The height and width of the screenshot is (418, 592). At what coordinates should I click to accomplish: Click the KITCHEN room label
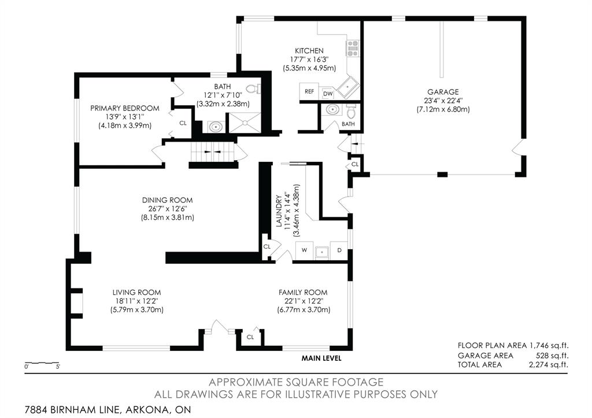309,51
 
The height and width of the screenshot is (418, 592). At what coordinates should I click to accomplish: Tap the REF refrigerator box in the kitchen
309,91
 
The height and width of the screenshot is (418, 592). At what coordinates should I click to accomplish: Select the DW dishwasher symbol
328,94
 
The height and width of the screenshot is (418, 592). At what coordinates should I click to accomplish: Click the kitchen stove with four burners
353,49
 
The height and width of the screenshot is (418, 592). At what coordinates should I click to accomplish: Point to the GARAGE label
443,92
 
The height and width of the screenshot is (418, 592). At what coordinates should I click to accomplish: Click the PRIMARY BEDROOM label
125,108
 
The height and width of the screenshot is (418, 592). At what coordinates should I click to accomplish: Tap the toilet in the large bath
257,88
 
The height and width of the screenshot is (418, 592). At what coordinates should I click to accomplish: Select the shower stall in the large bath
245,123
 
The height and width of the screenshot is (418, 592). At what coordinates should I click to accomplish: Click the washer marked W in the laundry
304,250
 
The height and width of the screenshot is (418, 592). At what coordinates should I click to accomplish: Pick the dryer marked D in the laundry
339,250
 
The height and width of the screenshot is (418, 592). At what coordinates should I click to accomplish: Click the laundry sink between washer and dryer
322,251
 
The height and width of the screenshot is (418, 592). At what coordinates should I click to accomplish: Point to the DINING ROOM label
167,200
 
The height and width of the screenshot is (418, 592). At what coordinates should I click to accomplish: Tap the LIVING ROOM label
136,293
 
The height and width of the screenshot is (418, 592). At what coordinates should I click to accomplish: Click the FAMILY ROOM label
303,293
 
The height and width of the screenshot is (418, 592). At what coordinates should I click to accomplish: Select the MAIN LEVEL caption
321,358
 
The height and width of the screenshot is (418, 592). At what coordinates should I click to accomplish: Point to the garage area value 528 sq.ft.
552,356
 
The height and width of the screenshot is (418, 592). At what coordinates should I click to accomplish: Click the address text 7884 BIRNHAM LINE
72,409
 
